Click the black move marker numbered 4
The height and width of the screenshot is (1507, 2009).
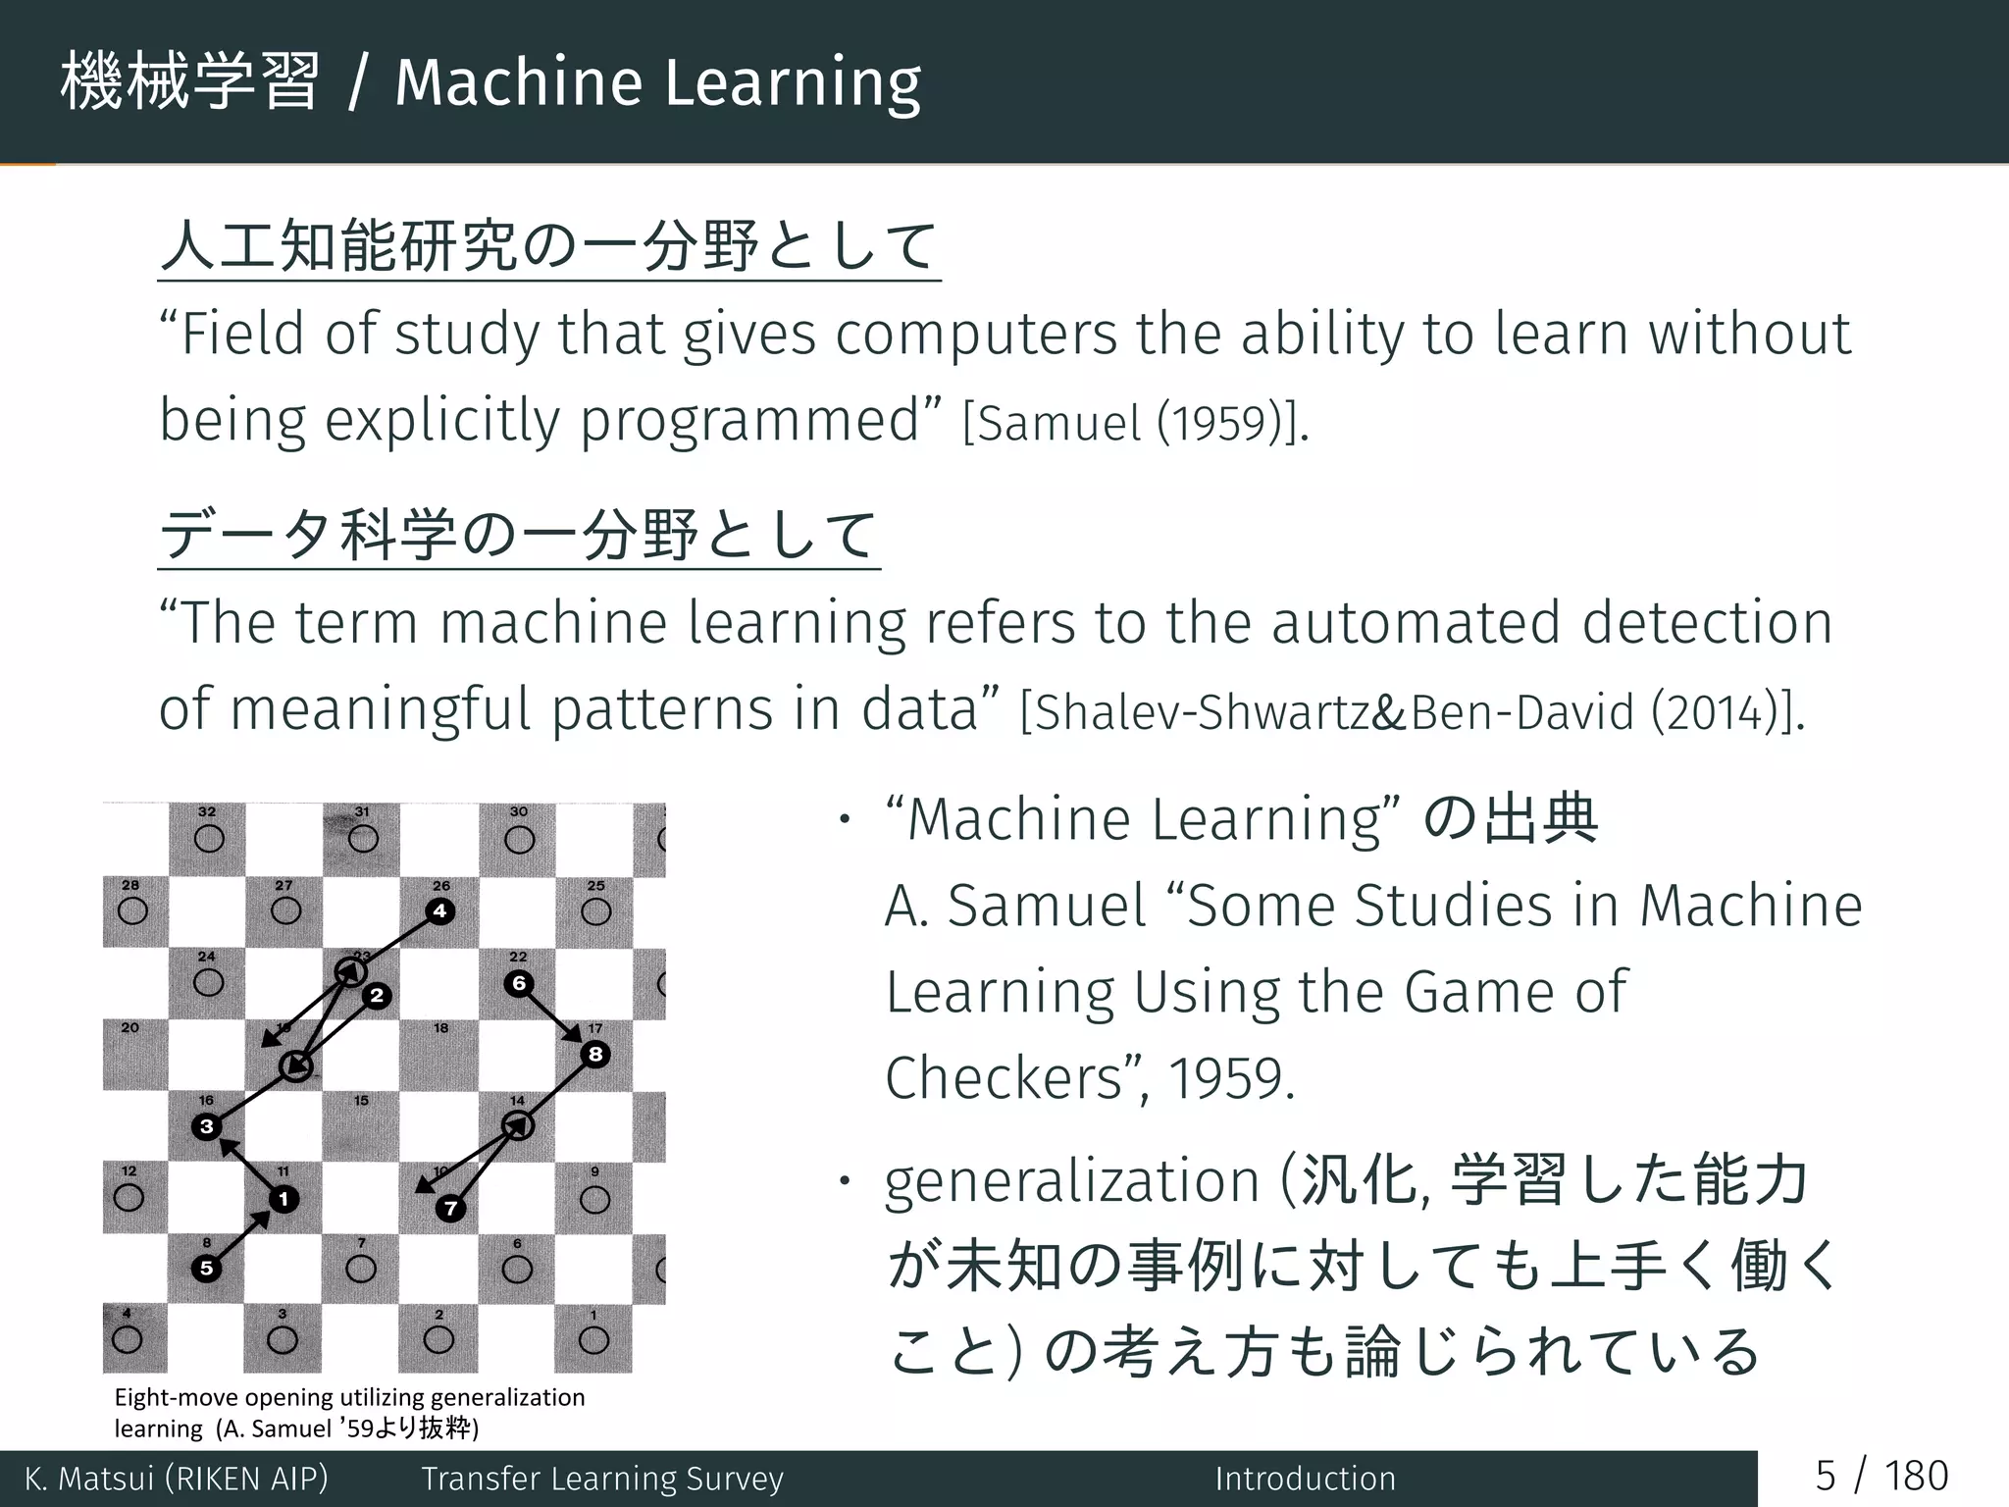[440, 911]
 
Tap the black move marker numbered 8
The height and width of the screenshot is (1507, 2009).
[595, 1055]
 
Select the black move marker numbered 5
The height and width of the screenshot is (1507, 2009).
[207, 1268]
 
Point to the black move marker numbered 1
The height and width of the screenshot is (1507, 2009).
[283, 1199]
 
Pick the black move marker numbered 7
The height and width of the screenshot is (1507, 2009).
[451, 1209]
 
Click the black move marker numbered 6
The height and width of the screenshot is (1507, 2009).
[520, 983]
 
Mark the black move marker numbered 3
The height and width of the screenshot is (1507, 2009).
[206, 1126]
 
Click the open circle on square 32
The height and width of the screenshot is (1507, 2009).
[208, 839]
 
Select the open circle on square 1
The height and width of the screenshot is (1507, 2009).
[593, 1340]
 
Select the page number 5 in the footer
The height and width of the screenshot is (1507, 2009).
[1825, 1477]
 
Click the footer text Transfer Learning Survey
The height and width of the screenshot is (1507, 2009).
[602, 1479]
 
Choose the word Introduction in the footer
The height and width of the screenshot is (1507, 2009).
[1305, 1479]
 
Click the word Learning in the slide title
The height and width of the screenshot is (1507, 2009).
[793, 83]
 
